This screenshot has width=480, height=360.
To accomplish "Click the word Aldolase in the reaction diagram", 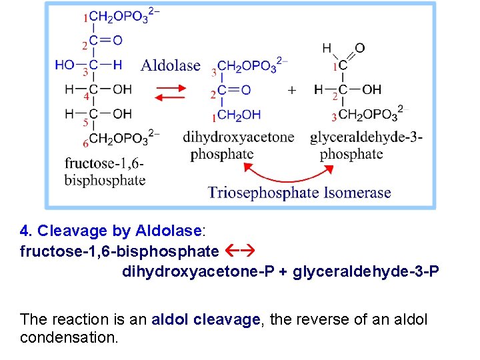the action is coord(170,65).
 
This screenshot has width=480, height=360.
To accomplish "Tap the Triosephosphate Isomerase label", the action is coord(299,193).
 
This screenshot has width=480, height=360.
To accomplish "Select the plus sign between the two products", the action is coord(291,90).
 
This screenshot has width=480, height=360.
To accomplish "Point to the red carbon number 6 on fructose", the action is coord(85,143).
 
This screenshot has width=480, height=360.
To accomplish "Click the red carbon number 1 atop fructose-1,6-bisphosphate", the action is coord(85,18).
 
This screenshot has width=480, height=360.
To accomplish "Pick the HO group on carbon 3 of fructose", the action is coord(65,65).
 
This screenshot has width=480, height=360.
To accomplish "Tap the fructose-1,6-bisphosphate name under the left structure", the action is coord(105,171).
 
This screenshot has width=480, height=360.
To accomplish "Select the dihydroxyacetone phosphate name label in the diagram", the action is coord(238,145).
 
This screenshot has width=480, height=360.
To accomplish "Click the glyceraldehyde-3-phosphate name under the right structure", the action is coord(365,145).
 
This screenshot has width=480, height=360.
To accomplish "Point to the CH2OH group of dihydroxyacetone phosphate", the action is coord(239,115).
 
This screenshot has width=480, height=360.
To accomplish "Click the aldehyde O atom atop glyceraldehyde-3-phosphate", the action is coord(360,48).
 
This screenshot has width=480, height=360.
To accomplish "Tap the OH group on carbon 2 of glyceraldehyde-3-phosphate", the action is coord(371,89).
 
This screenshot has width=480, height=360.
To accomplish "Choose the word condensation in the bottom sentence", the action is coord(69,337).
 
